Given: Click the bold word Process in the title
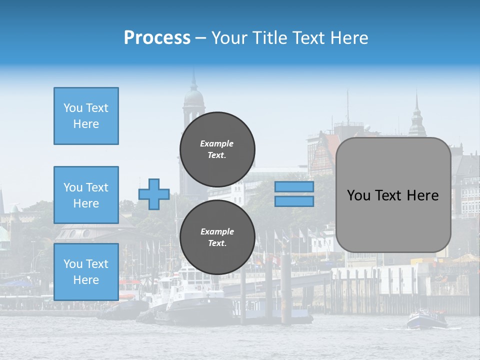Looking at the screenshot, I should pyautogui.click(x=157, y=38).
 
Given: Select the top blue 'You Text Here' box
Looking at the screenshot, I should pyautogui.click(x=86, y=116).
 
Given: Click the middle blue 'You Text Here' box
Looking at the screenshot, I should pyautogui.click(x=86, y=195).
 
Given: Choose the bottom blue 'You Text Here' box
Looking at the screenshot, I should pyautogui.click(x=86, y=272).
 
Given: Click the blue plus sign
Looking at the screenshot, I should pyautogui.click(x=154, y=194).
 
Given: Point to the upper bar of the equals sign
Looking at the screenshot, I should pyautogui.click(x=294, y=187).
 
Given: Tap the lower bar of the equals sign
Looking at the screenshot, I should pyautogui.click(x=294, y=201).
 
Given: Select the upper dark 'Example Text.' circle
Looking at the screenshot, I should pyautogui.click(x=217, y=149).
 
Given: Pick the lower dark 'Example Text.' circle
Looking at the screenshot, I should pyautogui.click(x=217, y=237).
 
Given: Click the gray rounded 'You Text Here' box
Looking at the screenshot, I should pyautogui.click(x=393, y=195).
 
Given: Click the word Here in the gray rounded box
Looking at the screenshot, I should pyautogui.click(x=423, y=195).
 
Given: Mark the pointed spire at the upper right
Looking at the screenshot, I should pyautogui.click(x=416, y=115).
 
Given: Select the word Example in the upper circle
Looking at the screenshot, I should pyautogui.click(x=217, y=143).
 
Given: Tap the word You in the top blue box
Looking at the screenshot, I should pyautogui.click(x=73, y=108).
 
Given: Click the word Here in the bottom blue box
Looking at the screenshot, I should pyautogui.click(x=86, y=280).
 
